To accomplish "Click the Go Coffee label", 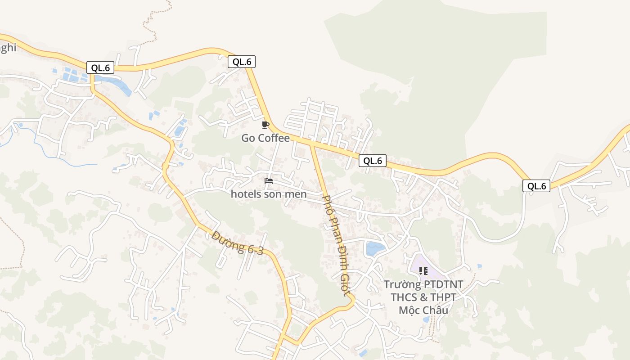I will coord(265,138).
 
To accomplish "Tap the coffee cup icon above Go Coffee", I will coord(265,125).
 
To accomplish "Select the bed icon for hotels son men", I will coord(269,181).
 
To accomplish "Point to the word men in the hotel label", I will coord(297,194).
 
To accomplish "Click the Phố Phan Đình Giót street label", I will coord(336,245).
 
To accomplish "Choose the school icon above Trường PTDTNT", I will coord(423,270).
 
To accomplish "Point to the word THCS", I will coord(405,297).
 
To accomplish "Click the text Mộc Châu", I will coord(423,310).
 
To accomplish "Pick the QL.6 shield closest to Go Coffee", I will coord(242,62).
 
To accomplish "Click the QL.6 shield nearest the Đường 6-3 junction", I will coord(100,68).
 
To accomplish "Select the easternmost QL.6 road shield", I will coord(536,186).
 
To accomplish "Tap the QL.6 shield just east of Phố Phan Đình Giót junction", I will coord(373,161).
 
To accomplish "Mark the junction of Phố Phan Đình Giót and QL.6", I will coord(312,144).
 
